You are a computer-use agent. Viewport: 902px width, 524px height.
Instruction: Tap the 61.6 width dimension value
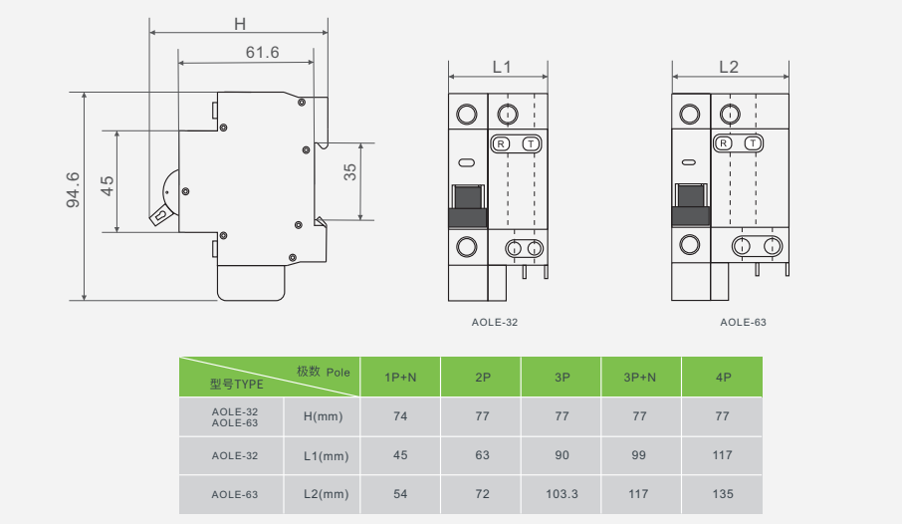tap(261, 52)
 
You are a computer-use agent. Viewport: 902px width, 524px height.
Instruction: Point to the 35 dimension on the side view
tap(349, 172)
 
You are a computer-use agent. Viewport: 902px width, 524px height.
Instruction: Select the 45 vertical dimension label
tap(108, 183)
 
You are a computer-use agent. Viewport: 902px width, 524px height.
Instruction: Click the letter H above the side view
tap(239, 22)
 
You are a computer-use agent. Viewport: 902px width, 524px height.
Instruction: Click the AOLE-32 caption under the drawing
tap(495, 322)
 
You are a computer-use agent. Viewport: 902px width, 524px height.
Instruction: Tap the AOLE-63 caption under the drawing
tap(743, 322)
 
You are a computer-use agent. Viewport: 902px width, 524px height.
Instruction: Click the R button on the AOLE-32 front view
tap(501, 144)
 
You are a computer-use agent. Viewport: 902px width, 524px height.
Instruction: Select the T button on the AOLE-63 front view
tap(754, 144)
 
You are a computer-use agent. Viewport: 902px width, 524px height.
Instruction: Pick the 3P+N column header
tap(640, 378)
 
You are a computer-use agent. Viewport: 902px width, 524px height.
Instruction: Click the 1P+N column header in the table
tap(400, 378)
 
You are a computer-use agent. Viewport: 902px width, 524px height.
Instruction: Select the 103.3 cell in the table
tap(562, 494)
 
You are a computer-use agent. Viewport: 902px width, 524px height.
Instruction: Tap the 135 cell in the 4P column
tap(723, 494)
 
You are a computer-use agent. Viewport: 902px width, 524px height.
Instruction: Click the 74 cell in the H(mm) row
tap(400, 416)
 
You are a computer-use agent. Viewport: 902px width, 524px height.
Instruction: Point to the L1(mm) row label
tap(326, 456)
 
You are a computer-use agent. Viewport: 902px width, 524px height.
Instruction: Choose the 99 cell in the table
tap(640, 455)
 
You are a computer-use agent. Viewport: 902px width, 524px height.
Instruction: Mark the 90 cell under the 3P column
tap(562, 455)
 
